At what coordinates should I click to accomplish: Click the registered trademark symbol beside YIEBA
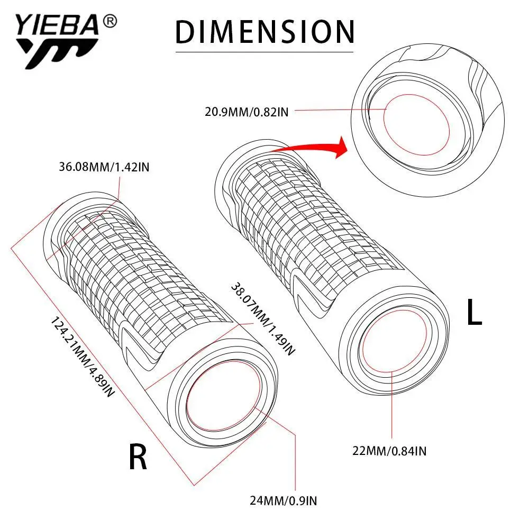coord(110,22)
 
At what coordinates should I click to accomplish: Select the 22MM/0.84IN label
coord(390,451)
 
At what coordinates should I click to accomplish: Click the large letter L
coord(474,314)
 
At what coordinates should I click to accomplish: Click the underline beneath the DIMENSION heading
coord(264,52)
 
